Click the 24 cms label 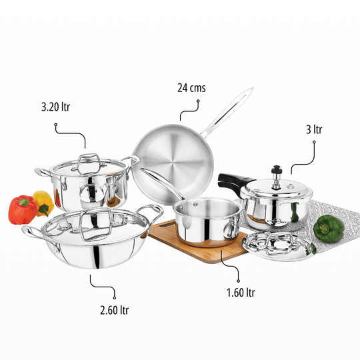tap(191, 87)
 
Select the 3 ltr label tap(313, 129)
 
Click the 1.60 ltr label tap(241, 292)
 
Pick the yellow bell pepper tap(44, 201)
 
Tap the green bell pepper tap(328, 228)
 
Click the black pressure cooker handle tap(233, 180)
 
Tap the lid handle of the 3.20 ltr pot tap(88, 161)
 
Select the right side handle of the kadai tap(153, 213)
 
